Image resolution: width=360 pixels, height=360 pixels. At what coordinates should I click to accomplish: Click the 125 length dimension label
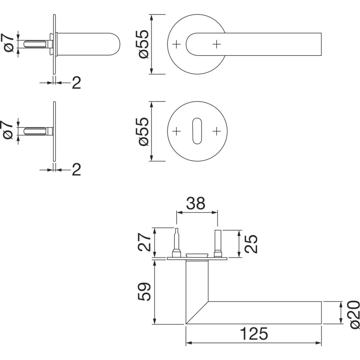point(254,334)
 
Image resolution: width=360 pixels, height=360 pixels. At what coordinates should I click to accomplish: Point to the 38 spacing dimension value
point(196,204)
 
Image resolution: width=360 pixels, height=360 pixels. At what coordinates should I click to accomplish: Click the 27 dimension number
point(144,241)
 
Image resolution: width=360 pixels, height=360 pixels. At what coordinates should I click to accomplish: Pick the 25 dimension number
point(251,244)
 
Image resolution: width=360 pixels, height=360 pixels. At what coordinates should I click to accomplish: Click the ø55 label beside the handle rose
point(144,44)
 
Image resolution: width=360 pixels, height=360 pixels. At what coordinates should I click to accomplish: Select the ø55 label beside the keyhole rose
point(144,131)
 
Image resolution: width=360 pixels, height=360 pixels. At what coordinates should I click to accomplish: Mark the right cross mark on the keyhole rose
point(217,131)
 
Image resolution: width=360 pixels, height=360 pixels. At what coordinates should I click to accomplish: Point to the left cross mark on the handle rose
point(176,44)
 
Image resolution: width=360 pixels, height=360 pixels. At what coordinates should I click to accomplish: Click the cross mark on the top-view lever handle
point(217,44)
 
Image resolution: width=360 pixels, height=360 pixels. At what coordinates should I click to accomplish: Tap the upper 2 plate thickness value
point(76,83)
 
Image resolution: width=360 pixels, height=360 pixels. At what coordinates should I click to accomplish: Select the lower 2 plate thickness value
point(76,170)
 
